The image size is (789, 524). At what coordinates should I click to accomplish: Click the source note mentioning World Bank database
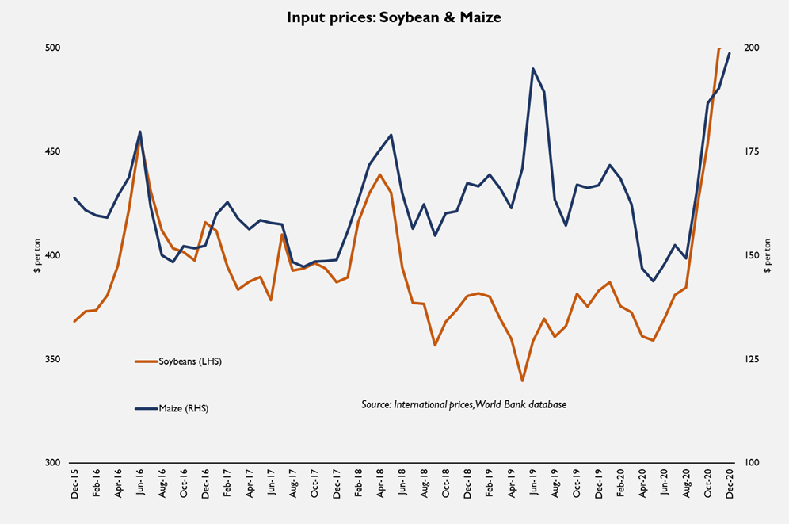click(x=463, y=404)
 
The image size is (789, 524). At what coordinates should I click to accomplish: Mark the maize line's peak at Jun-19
click(x=533, y=68)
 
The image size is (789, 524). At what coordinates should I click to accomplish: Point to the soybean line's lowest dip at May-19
click(x=523, y=381)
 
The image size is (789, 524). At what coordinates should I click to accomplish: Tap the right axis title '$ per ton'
click(x=768, y=255)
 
